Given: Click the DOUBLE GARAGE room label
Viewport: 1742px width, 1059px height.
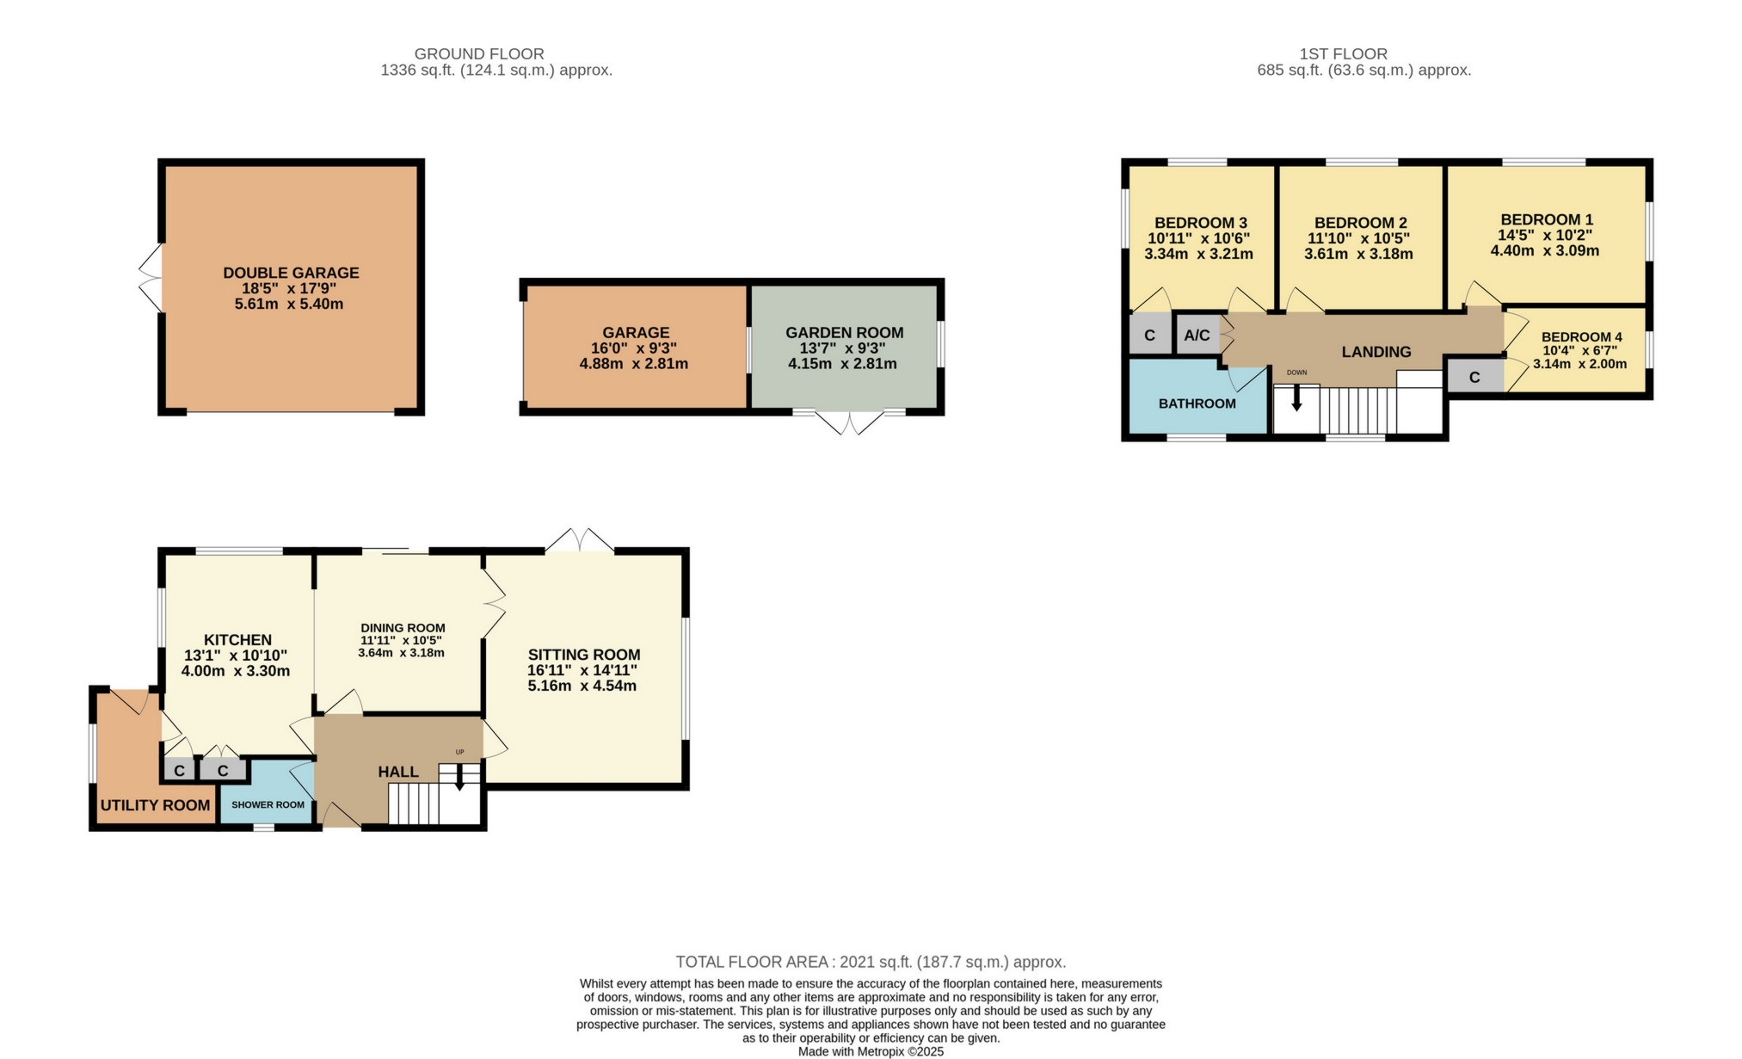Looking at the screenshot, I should point(291,273).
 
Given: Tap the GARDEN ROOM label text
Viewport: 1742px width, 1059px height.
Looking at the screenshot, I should point(844,332).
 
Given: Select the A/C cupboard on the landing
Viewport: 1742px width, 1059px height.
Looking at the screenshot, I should point(1197,335).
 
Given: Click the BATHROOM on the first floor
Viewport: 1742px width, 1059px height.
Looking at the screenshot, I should point(1197,403).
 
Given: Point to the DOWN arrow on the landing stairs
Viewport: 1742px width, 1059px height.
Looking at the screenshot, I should point(1296,397).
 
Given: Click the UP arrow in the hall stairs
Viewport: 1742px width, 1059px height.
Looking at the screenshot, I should point(459,779).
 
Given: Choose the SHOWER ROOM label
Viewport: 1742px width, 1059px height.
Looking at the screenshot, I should point(268,805).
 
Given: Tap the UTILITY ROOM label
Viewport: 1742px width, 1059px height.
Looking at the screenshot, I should point(155,805).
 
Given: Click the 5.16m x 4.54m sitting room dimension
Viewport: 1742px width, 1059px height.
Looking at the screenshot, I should point(582,686).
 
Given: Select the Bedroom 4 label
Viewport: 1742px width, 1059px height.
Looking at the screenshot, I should point(1581,337).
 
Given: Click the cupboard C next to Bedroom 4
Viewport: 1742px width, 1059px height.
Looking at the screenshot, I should point(1474,378).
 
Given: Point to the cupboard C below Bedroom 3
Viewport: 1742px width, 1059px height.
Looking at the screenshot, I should point(1149,336).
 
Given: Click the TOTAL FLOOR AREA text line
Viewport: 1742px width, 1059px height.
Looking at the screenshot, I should point(871,962).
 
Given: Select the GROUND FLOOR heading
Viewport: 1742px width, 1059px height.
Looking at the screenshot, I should point(479,53).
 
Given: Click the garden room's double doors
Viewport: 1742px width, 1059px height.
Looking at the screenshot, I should point(849,423).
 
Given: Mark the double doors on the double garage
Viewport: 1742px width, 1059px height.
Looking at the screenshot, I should point(151,277).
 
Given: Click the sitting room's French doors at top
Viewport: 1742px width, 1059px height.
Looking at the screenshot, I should point(580,540).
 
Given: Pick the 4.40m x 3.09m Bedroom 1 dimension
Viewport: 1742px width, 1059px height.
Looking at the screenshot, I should point(1544,251).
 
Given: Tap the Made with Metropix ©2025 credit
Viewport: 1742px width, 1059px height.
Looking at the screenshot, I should point(871,1051).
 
